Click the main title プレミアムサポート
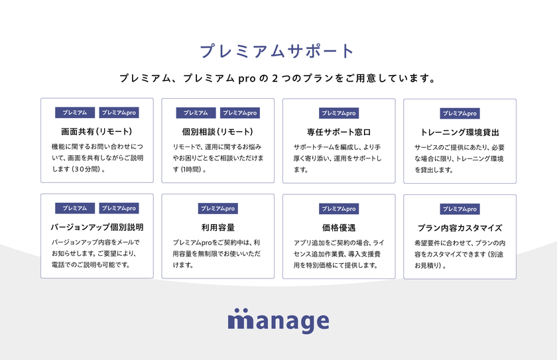pyautogui.click(x=277, y=51)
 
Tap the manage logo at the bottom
pyautogui.click(x=278, y=321)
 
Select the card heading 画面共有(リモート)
pyautogui.click(x=97, y=132)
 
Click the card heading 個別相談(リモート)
pyautogui.click(x=217, y=132)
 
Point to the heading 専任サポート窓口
pyautogui.click(x=339, y=133)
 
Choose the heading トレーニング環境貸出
pyautogui.click(x=460, y=133)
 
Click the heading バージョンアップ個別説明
pyautogui.click(x=97, y=227)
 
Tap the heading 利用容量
pyautogui.click(x=218, y=227)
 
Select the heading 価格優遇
pyautogui.click(x=339, y=228)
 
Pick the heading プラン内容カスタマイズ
pyautogui.click(x=460, y=228)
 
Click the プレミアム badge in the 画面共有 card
pyautogui.click(x=75, y=113)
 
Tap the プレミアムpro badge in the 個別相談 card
pyautogui.click(x=240, y=113)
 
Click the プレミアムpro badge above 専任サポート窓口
pyautogui.click(x=339, y=113)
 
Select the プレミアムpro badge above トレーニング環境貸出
pyautogui.click(x=460, y=113)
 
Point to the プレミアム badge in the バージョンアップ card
pyautogui.click(x=75, y=208)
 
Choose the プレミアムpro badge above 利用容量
pyautogui.click(x=218, y=209)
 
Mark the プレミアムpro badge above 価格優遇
pyautogui.click(x=339, y=209)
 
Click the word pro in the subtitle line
pyautogui.click(x=247, y=79)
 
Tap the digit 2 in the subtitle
pyautogui.click(x=275, y=78)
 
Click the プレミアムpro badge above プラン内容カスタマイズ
pyautogui.click(x=460, y=209)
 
